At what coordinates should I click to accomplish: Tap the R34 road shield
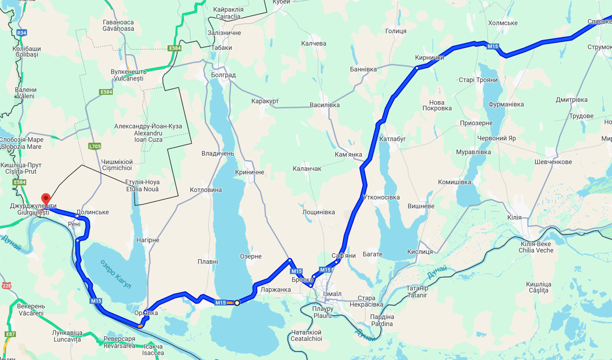(22, 33)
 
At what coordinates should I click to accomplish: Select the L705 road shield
(95, 146)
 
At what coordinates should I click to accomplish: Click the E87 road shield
(10, 334)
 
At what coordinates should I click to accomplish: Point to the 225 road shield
(7, 285)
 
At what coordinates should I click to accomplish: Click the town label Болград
(223, 75)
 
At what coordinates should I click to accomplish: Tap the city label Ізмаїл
(332, 294)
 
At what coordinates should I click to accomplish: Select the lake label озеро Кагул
(115, 274)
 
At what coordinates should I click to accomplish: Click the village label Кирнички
(429, 58)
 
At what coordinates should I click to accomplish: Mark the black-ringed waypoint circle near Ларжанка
(237, 303)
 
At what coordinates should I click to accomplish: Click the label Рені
(74, 224)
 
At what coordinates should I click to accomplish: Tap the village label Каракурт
(264, 101)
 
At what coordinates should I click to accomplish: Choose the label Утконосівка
(381, 197)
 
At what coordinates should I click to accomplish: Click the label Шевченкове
(553, 162)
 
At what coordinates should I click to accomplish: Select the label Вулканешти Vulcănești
(127, 75)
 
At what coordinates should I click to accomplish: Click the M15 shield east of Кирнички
(492, 46)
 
